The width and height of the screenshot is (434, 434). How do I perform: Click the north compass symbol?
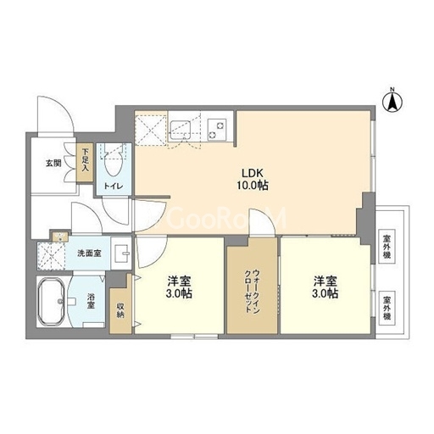392,101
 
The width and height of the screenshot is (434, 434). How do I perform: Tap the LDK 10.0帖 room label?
253,179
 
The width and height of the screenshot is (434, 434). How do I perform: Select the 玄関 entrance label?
53,163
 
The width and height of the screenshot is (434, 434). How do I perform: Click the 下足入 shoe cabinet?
85,163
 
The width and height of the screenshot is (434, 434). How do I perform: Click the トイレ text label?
114,186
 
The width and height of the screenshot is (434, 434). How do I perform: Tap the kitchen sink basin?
180,130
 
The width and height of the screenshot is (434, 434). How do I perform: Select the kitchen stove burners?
217,130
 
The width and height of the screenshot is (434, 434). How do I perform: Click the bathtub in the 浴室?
52,301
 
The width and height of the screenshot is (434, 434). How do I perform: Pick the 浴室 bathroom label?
91,301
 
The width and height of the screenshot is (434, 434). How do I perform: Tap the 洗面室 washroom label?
89,253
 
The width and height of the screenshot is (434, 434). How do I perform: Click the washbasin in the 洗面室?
122,253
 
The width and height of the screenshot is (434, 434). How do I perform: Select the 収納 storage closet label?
120,310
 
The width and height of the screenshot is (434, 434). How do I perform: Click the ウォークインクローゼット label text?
252,291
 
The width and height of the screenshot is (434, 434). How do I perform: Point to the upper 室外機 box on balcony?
387,247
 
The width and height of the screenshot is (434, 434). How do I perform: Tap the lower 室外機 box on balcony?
387,309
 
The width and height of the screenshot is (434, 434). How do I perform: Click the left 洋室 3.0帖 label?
179,287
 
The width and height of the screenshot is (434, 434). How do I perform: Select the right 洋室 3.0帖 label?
325,287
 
